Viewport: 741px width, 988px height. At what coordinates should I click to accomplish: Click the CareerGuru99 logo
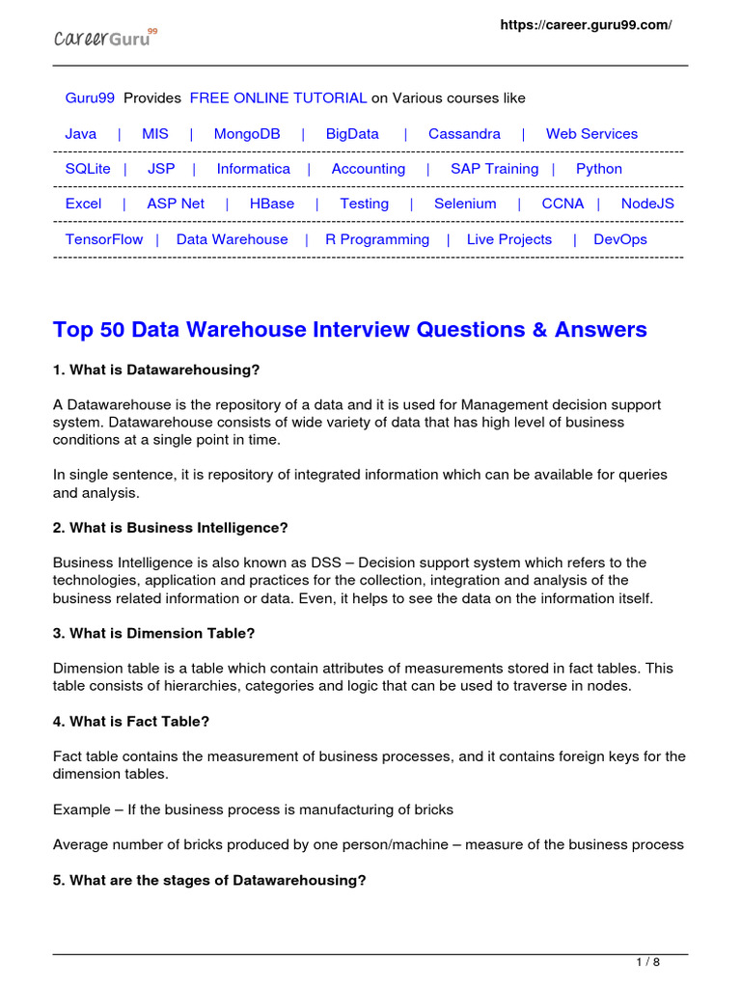pos(104,38)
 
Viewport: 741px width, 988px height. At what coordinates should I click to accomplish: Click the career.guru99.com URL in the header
pos(585,25)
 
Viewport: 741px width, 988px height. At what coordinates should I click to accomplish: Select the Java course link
pos(81,134)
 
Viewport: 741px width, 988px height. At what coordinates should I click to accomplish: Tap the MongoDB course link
pos(247,134)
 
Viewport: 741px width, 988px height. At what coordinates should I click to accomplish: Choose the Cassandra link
pos(464,134)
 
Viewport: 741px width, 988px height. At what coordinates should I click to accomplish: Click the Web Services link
pos(591,134)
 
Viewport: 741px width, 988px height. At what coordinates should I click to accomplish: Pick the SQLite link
pos(88,169)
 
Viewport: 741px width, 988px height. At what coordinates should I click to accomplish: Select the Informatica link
pos(253,169)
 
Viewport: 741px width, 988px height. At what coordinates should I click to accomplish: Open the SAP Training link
pos(494,169)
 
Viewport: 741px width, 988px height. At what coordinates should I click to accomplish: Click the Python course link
pos(599,169)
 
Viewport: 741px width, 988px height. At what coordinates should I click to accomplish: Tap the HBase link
pos(272,204)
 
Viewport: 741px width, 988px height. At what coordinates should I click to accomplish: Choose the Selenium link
pos(465,204)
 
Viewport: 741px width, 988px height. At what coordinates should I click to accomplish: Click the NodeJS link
pos(647,204)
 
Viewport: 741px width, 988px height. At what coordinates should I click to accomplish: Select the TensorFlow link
pos(104,239)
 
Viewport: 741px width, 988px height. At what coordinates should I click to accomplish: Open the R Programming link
pos(377,239)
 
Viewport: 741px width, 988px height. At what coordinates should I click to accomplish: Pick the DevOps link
pos(620,239)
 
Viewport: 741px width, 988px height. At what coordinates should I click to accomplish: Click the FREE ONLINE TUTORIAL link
pos(278,98)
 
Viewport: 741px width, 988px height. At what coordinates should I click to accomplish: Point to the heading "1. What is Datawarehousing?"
pos(156,370)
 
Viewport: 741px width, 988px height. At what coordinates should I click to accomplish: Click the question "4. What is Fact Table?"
pos(131,721)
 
